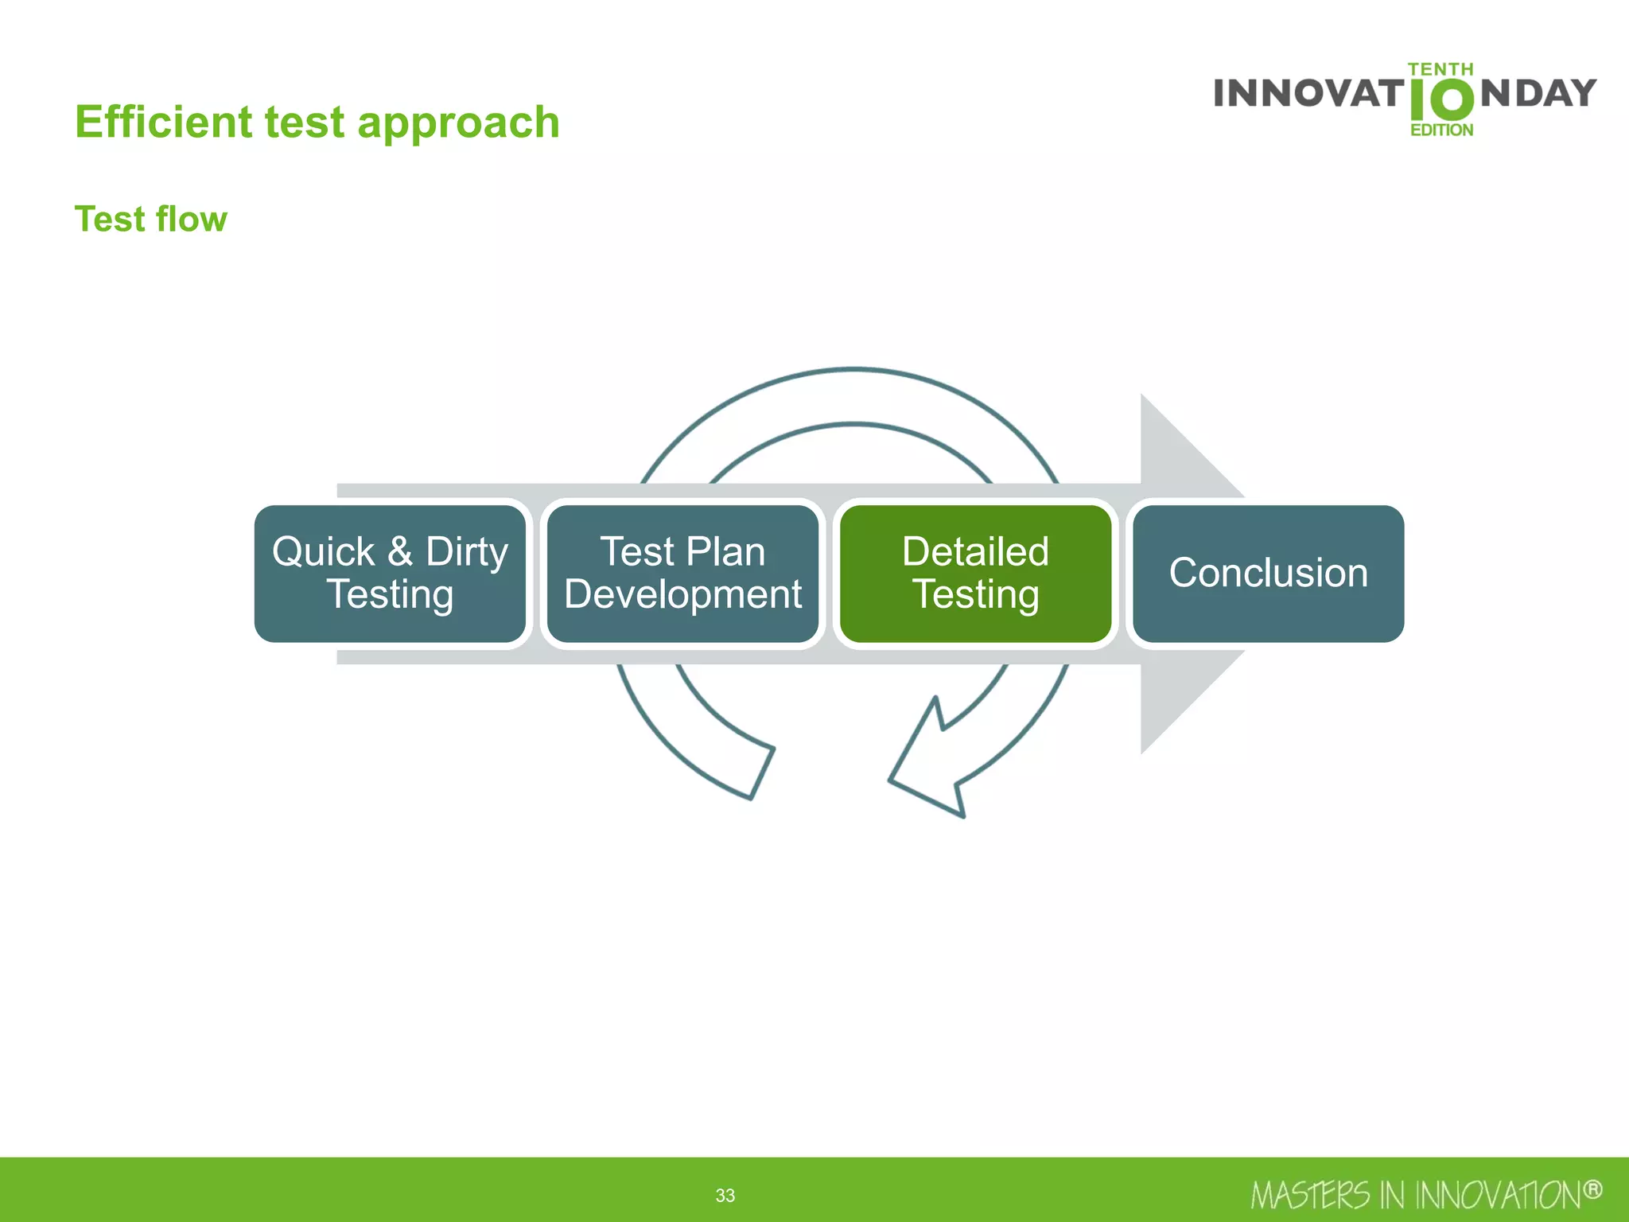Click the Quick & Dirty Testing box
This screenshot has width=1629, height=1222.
pyautogui.click(x=390, y=574)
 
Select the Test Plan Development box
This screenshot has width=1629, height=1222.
pyautogui.click(x=682, y=574)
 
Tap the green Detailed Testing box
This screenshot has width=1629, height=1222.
pyautogui.click(x=975, y=574)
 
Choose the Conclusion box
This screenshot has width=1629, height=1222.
pyautogui.click(x=1268, y=574)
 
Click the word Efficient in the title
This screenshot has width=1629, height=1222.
pyautogui.click(x=163, y=123)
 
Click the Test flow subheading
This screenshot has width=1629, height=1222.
pyautogui.click(x=151, y=219)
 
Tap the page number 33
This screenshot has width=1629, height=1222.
pyautogui.click(x=725, y=1195)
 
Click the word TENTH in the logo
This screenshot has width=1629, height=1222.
pyautogui.click(x=1440, y=70)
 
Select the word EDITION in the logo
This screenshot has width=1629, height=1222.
pyautogui.click(x=1441, y=130)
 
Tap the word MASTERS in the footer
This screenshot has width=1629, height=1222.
pyautogui.click(x=1309, y=1196)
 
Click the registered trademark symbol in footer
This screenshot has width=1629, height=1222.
pyautogui.click(x=1592, y=1190)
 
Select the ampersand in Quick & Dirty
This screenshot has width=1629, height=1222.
pyautogui.click(x=400, y=551)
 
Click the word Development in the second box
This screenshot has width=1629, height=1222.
pyautogui.click(x=682, y=594)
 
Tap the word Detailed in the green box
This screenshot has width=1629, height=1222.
pyautogui.click(x=975, y=551)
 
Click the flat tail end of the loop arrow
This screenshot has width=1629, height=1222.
pyautogui.click(x=761, y=773)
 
